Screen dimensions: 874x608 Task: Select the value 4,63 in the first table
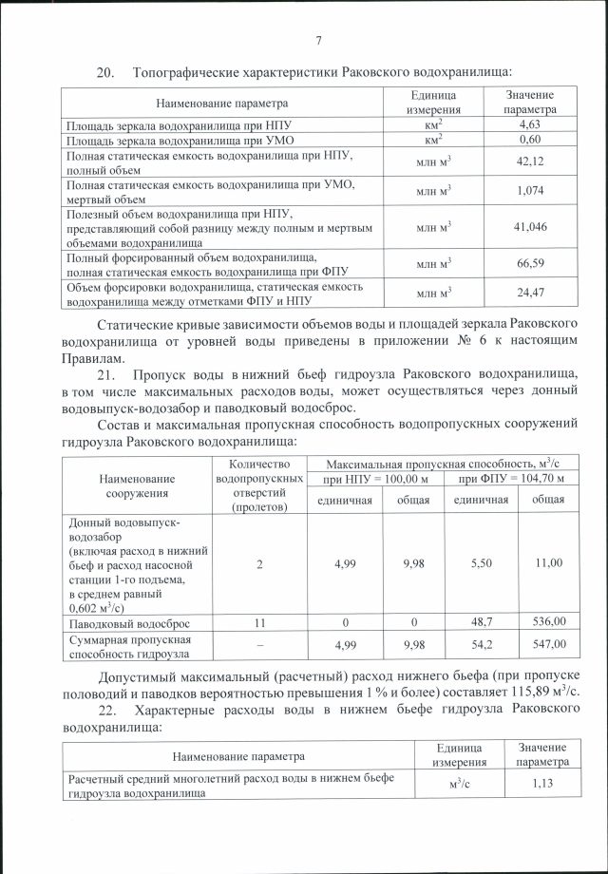point(529,124)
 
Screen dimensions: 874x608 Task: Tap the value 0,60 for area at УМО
point(529,140)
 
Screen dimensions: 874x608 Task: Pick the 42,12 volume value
point(529,161)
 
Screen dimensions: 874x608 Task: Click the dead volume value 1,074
point(529,191)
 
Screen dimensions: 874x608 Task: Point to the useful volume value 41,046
point(529,227)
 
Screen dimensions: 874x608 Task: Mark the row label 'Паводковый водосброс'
point(127,623)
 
